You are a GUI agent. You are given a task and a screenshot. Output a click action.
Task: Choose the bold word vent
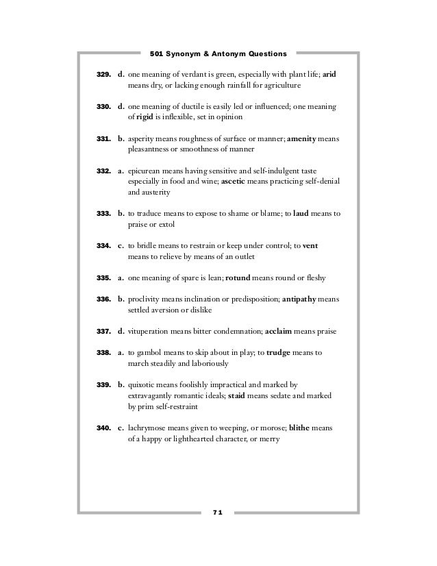point(310,245)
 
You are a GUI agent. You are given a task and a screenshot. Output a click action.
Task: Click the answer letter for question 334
point(121,245)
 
